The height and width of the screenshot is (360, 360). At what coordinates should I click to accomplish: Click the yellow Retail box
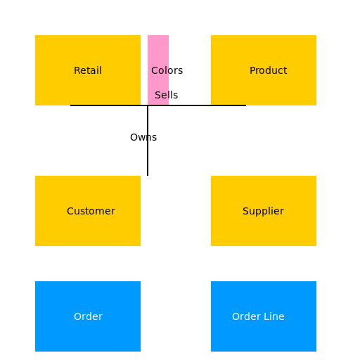[88, 70]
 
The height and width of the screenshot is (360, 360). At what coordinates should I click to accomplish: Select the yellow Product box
[264, 70]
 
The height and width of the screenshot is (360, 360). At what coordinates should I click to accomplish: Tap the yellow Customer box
[88, 211]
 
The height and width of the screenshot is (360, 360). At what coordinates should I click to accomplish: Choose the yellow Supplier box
[264, 211]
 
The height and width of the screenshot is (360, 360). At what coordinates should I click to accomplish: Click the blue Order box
[88, 316]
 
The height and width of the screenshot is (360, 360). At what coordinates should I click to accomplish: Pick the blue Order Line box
[264, 316]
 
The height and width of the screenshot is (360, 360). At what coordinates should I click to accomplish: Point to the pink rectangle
[158, 70]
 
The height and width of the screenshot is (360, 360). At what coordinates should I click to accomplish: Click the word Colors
[167, 70]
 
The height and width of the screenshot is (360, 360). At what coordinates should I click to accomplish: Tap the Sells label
[167, 95]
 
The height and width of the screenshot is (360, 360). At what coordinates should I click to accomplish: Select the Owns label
[143, 137]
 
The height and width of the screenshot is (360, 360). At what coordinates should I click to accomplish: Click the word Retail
[88, 70]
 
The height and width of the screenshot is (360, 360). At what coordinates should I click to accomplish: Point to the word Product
[269, 70]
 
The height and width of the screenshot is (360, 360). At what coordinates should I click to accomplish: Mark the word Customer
[91, 211]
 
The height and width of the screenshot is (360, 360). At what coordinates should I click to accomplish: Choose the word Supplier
[263, 212]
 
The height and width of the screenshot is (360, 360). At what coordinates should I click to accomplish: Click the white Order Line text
[258, 316]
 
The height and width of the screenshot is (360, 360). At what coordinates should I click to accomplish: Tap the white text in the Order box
[88, 316]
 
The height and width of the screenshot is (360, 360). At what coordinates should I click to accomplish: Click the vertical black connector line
[148, 141]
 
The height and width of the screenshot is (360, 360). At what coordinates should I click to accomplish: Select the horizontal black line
[158, 105]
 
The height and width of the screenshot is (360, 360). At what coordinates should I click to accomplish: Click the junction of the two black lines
[148, 105]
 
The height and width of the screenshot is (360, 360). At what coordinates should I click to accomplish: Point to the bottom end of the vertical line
[148, 176]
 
